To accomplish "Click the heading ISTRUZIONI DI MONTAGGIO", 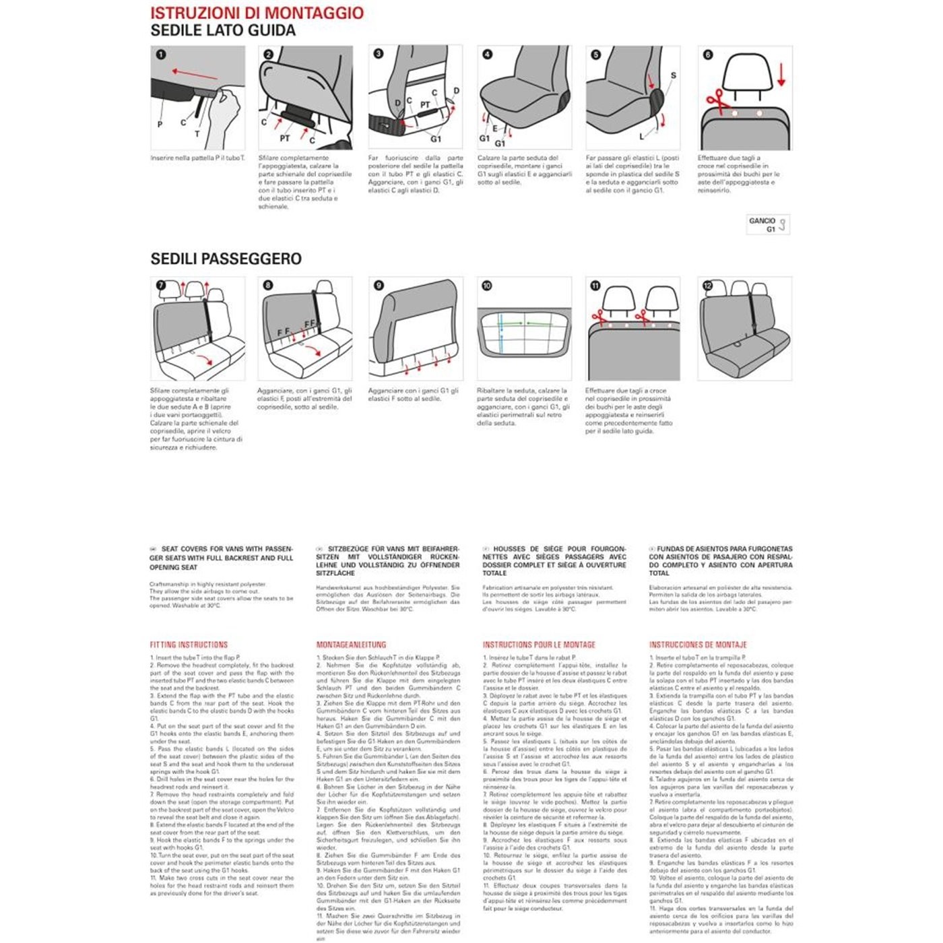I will [257, 13].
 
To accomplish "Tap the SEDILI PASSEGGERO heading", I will [226, 259].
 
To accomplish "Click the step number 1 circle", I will [160, 55].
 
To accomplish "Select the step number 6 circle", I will [707, 55].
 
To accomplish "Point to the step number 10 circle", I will [486, 286].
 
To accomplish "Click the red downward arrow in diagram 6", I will [781, 73].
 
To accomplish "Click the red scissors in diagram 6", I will [717, 103].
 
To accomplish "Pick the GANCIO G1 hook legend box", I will [768, 224].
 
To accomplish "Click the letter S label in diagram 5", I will [673, 75].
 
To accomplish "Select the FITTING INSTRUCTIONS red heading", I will [189, 645].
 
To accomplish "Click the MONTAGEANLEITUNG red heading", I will [351, 645].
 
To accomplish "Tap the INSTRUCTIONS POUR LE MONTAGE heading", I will [539, 645].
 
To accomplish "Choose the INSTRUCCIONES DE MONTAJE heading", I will [698, 645].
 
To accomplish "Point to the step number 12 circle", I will [707, 286].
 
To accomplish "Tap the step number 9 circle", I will [379, 286].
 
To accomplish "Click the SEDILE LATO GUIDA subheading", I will [223, 31].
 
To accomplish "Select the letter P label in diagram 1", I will [160, 124].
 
